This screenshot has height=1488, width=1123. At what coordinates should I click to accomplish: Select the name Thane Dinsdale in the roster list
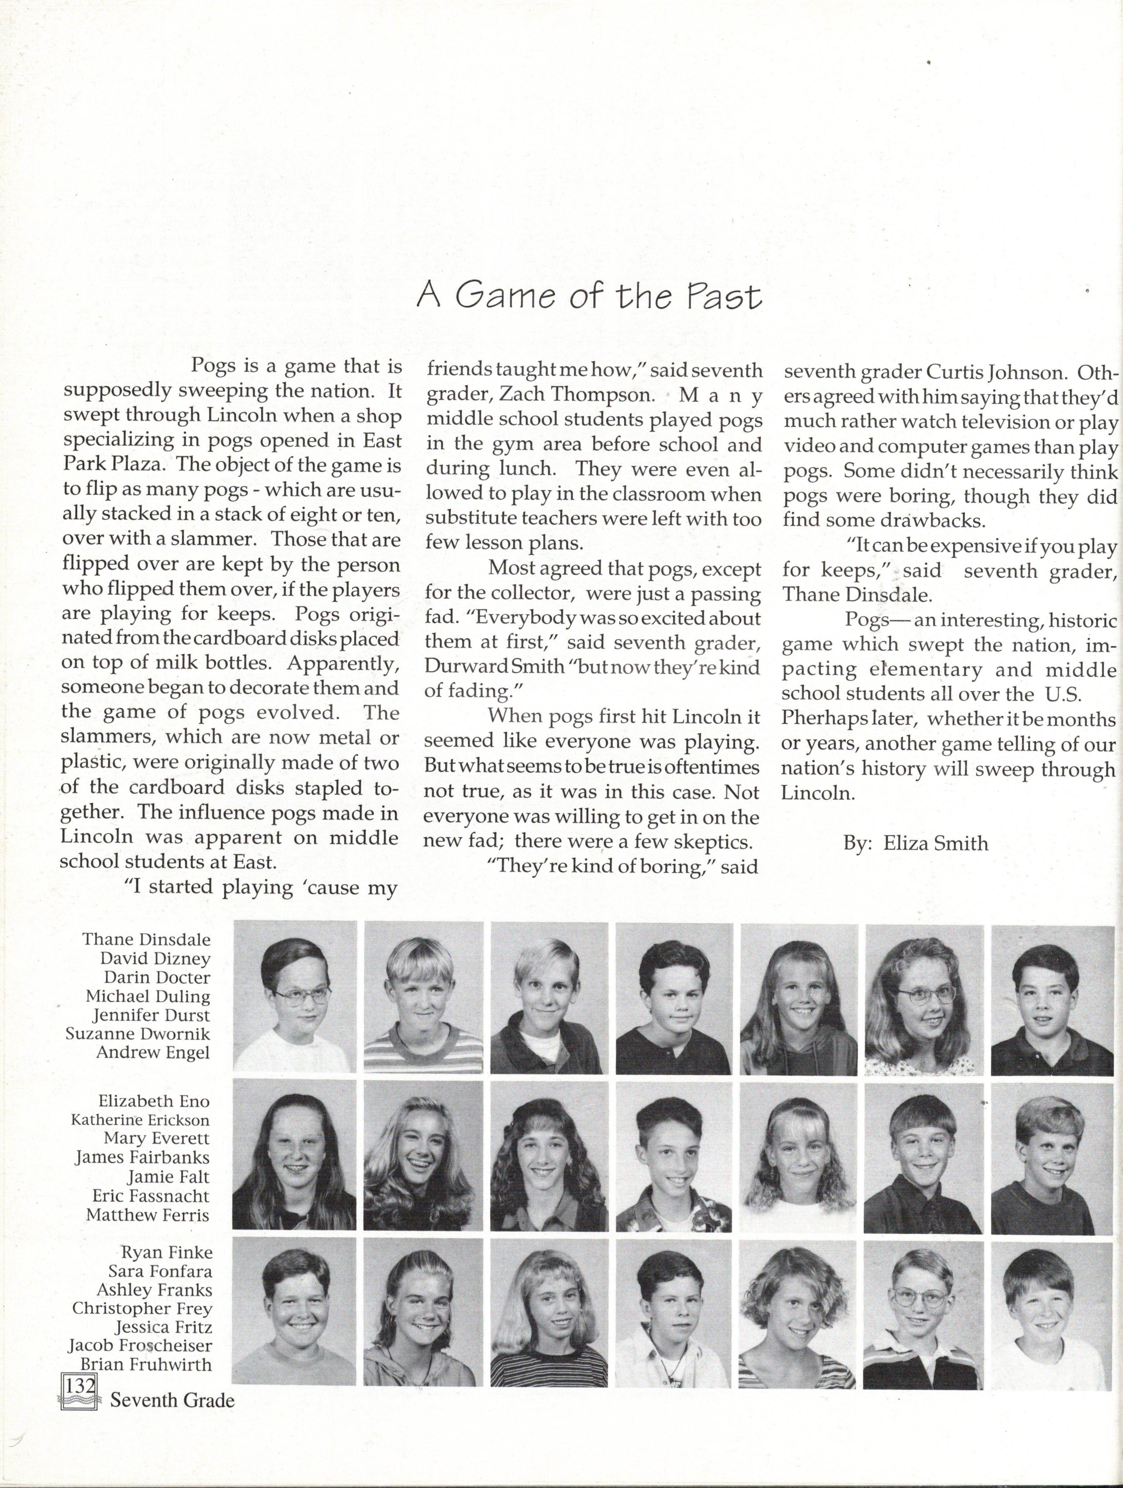point(146,939)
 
